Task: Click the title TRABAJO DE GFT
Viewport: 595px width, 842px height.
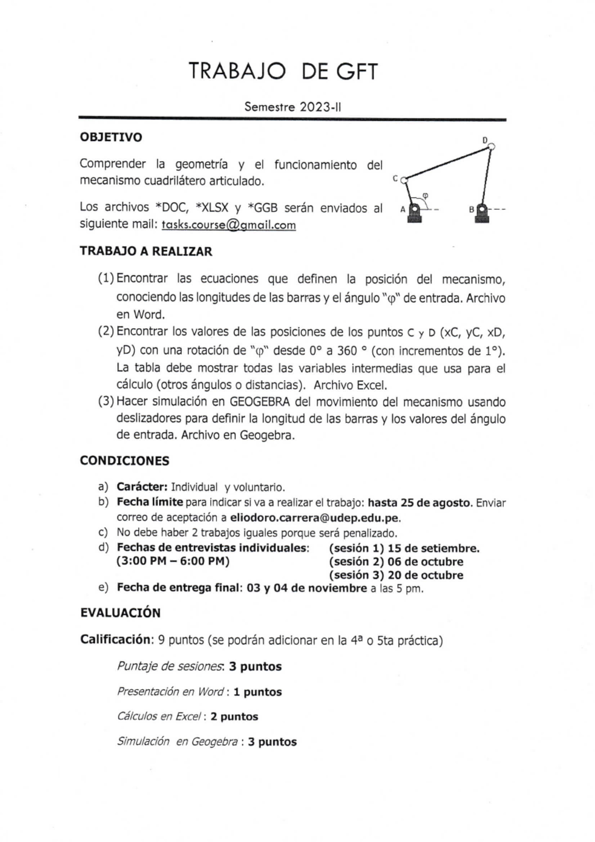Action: [283, 72]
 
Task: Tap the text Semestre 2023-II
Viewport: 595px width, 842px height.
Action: [293, 107]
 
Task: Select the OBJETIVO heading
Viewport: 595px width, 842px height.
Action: [111, 137]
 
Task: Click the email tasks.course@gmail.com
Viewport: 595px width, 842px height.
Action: [229, 225]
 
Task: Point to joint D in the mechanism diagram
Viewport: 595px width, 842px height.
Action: [491, 146]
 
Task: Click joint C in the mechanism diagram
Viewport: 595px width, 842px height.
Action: [404, 180]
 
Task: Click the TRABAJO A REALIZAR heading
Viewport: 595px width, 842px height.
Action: [146, 251]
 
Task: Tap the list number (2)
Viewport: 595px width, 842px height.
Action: [106, 331]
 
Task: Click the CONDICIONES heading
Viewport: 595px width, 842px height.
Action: [124, 461]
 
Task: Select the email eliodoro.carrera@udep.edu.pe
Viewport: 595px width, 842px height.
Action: [315, 518]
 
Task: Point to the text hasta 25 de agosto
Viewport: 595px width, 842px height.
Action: [419, 502]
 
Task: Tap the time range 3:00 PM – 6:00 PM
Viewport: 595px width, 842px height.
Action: [173, 562]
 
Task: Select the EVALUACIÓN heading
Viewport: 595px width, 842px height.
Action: [120, 613]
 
